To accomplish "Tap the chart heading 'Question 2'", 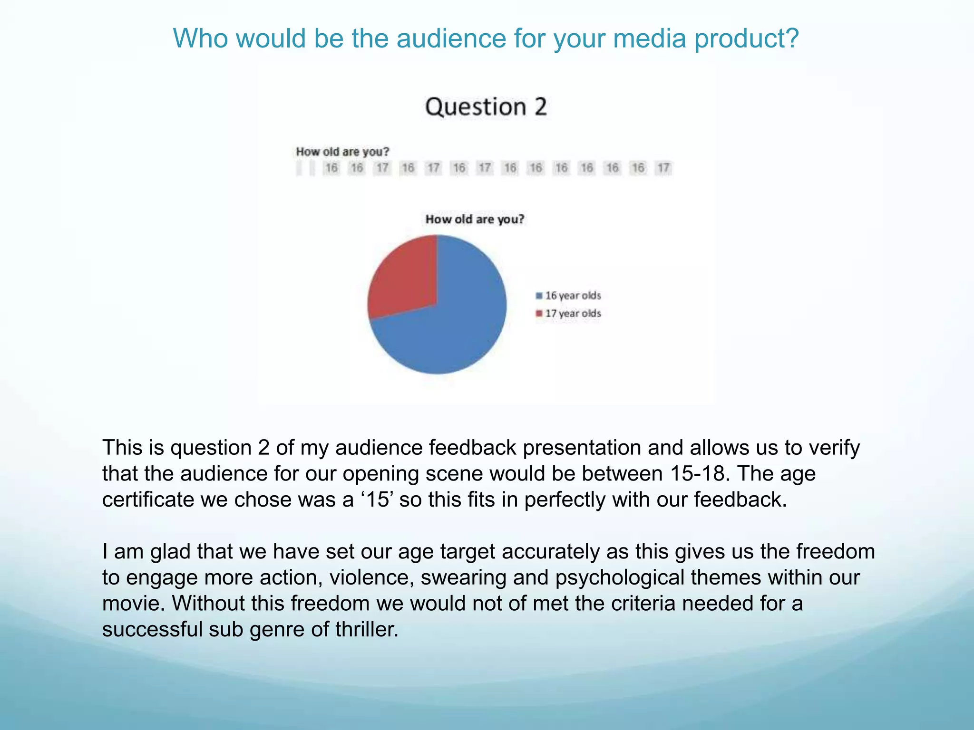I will tap(486, 107).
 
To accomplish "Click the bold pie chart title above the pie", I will tap(475, 220).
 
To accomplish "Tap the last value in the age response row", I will tap(663, 168).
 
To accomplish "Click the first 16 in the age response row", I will tap(331, 168).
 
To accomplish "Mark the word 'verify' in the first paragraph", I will tap(835, 448).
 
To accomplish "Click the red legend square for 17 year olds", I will tap(539, 314).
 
